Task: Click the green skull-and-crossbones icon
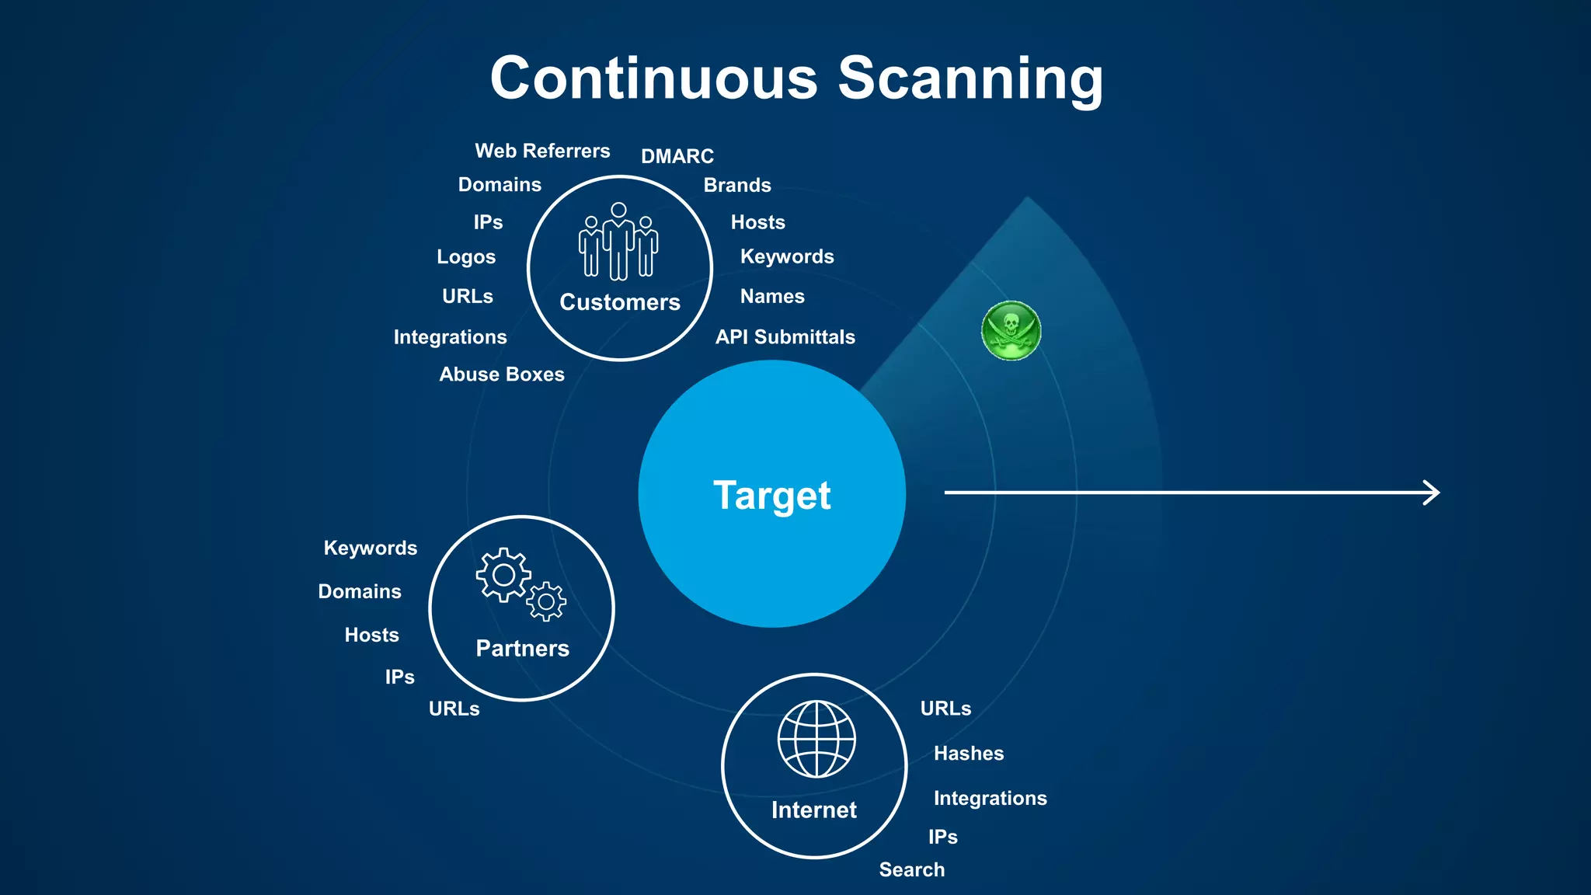coord(1011,331)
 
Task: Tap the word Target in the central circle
coord(772,496)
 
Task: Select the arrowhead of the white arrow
coord(1432,493)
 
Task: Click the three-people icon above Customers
coord(618,242)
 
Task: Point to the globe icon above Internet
coord(816,739)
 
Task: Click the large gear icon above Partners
coord(503,575)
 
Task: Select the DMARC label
coord(677,156)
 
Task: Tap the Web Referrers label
coord(542,151)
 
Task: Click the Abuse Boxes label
coord(502,374)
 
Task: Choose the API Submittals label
coord(785,337)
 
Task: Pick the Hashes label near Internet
coord(969,754)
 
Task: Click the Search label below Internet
coord(912,870)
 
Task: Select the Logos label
coord(466,257)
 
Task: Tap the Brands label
coord(737,186)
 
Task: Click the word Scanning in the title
coord(970,79)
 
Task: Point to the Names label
coord(772,297)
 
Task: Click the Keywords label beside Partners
coord(371,548)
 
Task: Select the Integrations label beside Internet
coord(990,799)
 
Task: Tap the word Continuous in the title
coord(654,79)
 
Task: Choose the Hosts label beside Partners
coord(372,636)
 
